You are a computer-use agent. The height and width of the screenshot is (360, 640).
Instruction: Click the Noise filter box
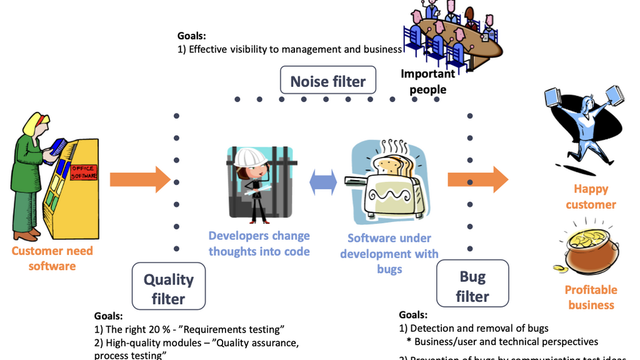click(328, 81)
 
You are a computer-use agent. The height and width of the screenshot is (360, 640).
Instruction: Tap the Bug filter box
click(472, 286)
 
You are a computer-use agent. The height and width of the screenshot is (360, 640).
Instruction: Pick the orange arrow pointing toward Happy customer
click(477, 180)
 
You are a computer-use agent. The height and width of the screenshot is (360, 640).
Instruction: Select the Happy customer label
click(591, 196)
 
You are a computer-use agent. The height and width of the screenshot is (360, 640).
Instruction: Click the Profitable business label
click(591, 297)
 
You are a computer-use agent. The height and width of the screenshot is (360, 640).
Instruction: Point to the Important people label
click(428, 81)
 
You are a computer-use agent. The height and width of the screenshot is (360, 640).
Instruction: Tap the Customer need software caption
click(52, 258)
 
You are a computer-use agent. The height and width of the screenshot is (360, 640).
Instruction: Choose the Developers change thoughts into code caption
click(259, 243)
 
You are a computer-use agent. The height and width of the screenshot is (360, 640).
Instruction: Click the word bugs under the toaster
click(389, 269)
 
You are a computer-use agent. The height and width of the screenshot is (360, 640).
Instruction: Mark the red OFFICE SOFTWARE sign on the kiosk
click(83, 172)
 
